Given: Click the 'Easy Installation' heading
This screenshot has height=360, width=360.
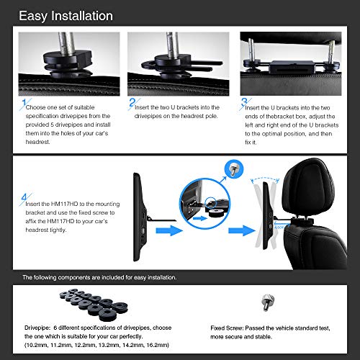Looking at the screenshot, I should tap(66, 15).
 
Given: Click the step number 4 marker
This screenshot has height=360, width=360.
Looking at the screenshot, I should tap(26, 196).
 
